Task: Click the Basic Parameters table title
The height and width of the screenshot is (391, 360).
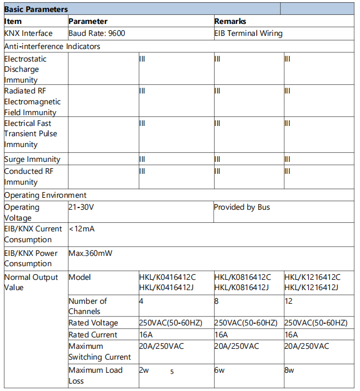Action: click(36, 9)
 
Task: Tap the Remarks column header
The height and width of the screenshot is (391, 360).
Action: click(230, 21)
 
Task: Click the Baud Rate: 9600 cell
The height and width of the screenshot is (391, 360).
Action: click(97, 33)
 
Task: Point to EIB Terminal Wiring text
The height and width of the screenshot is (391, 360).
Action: click(248, 33)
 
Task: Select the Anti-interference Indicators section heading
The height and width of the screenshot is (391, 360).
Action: click(52, 46)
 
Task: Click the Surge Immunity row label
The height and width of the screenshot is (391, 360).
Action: click(32, 160)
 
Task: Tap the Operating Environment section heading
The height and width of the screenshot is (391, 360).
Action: click(46, 195)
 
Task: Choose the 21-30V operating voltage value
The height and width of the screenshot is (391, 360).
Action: click(81, 207)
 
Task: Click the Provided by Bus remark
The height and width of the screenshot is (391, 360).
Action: click(242, 207)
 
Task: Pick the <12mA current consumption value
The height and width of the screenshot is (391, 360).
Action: click(82, 229)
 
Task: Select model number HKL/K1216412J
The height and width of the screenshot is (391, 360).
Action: click(311, 288)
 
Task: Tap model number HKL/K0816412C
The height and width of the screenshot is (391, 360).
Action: click(242, 277)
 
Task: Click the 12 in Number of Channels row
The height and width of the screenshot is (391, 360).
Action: click(288, 301)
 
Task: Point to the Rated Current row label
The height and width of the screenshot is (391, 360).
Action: click(93, 335)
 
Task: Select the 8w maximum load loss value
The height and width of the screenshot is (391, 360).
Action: click(289, 370)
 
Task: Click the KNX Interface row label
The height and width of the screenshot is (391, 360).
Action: click(28, 33)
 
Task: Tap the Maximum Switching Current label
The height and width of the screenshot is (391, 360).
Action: click(100, 352)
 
